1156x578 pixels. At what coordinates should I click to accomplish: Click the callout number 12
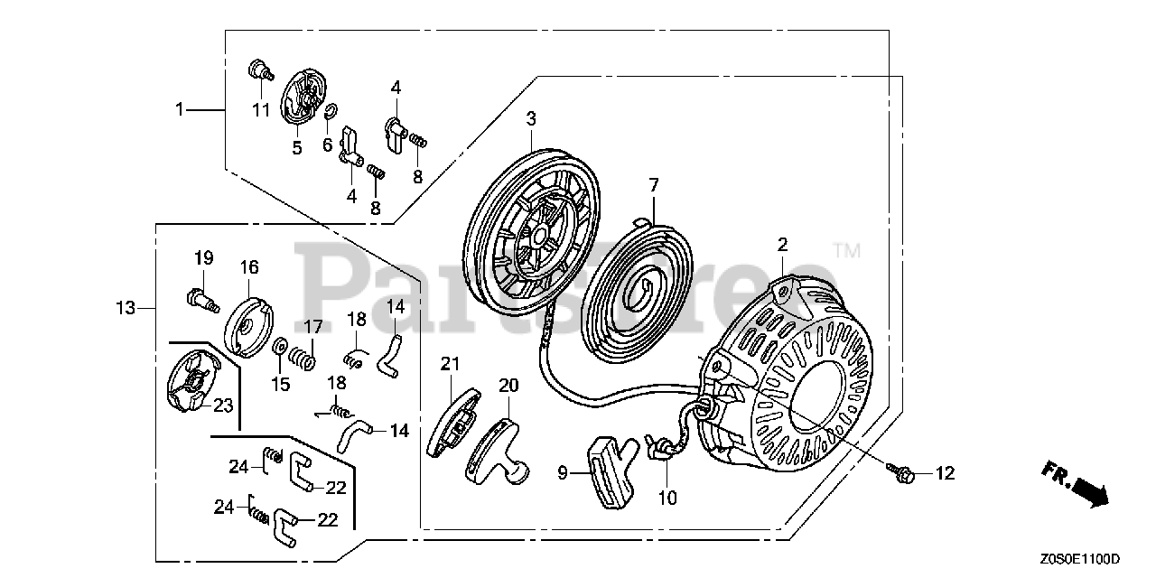point(944,472)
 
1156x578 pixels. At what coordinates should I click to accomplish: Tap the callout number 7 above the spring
point(654,185)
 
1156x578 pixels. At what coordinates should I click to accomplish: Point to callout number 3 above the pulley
point(531,118)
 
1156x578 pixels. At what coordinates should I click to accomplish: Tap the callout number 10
point(667,498)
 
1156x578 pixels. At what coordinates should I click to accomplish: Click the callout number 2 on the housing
point(782,244)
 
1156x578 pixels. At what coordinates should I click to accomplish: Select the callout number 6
point(328,144)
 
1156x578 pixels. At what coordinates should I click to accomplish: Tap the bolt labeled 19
point(202,297)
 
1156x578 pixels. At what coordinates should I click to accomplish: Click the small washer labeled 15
point(281,348)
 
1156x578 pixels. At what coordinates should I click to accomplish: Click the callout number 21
point(451,364)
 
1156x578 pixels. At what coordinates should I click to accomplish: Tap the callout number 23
point(222,406)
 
